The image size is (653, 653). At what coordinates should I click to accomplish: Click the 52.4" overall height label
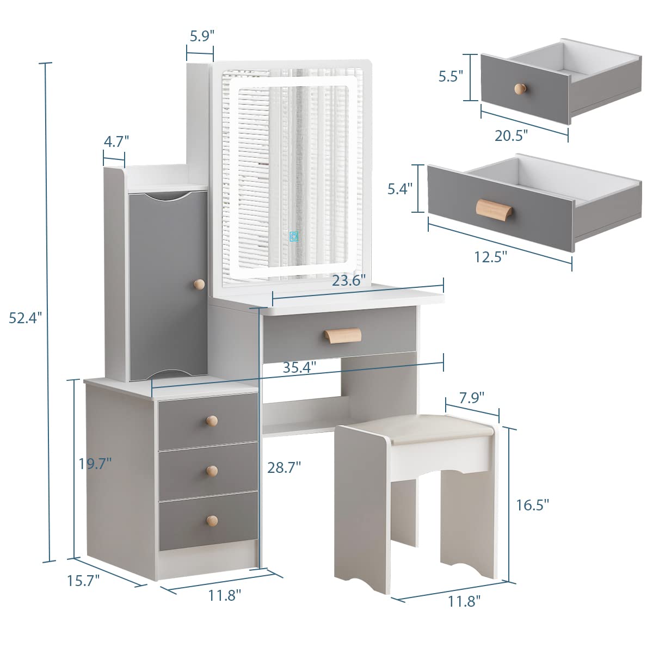tap(25, 318)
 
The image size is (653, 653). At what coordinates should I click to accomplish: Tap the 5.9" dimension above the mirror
tap(202, 36)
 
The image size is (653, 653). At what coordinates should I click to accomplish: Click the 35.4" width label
tap(299, 367)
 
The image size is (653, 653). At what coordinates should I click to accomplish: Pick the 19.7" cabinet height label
tap(95, 464)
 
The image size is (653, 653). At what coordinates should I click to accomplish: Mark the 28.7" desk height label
tap(284, 466)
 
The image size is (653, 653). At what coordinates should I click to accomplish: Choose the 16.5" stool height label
tap(532, 504)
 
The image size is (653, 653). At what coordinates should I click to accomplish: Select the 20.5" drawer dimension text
tap(511, 135)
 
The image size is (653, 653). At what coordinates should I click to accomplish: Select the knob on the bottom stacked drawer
tap(212, 520)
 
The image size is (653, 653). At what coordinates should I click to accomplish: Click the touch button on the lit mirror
tap(294, 236)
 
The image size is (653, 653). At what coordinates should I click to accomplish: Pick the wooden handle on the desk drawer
tap(342, 335)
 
